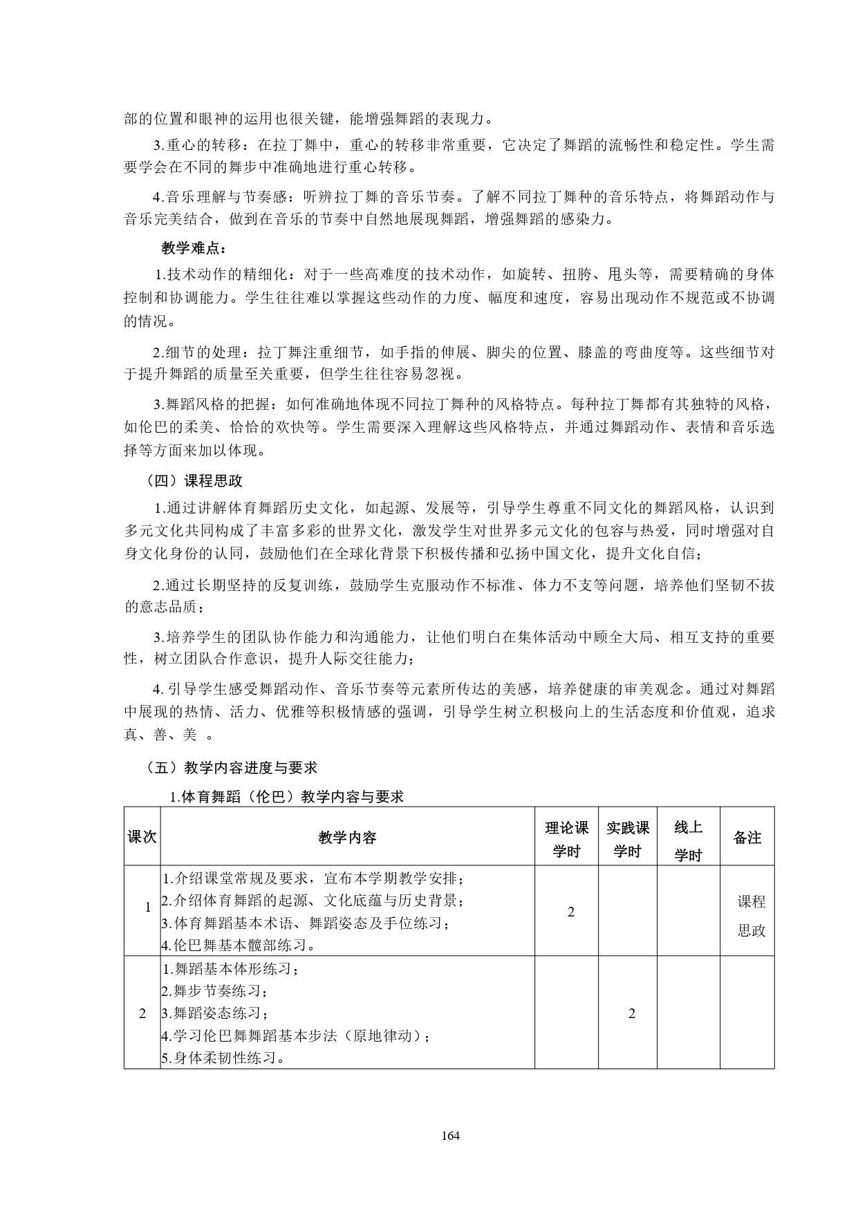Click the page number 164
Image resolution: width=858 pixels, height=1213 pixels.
450,1136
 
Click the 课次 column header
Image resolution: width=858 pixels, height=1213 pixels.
142,837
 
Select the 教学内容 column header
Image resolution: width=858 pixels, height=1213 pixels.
347,838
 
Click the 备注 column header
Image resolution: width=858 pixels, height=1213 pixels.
747,838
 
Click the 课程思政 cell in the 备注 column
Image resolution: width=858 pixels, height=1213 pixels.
752,916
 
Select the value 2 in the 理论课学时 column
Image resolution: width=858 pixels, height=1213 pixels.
570,912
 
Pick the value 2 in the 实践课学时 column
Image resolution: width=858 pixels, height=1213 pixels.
631,1014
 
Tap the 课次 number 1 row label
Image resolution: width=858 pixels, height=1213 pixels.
147,908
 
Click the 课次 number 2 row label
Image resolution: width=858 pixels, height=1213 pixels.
142,1014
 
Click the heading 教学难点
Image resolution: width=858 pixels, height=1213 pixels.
194,248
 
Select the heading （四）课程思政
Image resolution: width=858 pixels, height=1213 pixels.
194,480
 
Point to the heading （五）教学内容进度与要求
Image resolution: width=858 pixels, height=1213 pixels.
231,767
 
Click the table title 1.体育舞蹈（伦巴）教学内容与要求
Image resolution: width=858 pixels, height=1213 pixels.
286,796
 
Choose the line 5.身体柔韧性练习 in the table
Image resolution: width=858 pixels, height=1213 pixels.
224,1058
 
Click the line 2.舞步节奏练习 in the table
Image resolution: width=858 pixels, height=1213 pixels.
214,992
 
